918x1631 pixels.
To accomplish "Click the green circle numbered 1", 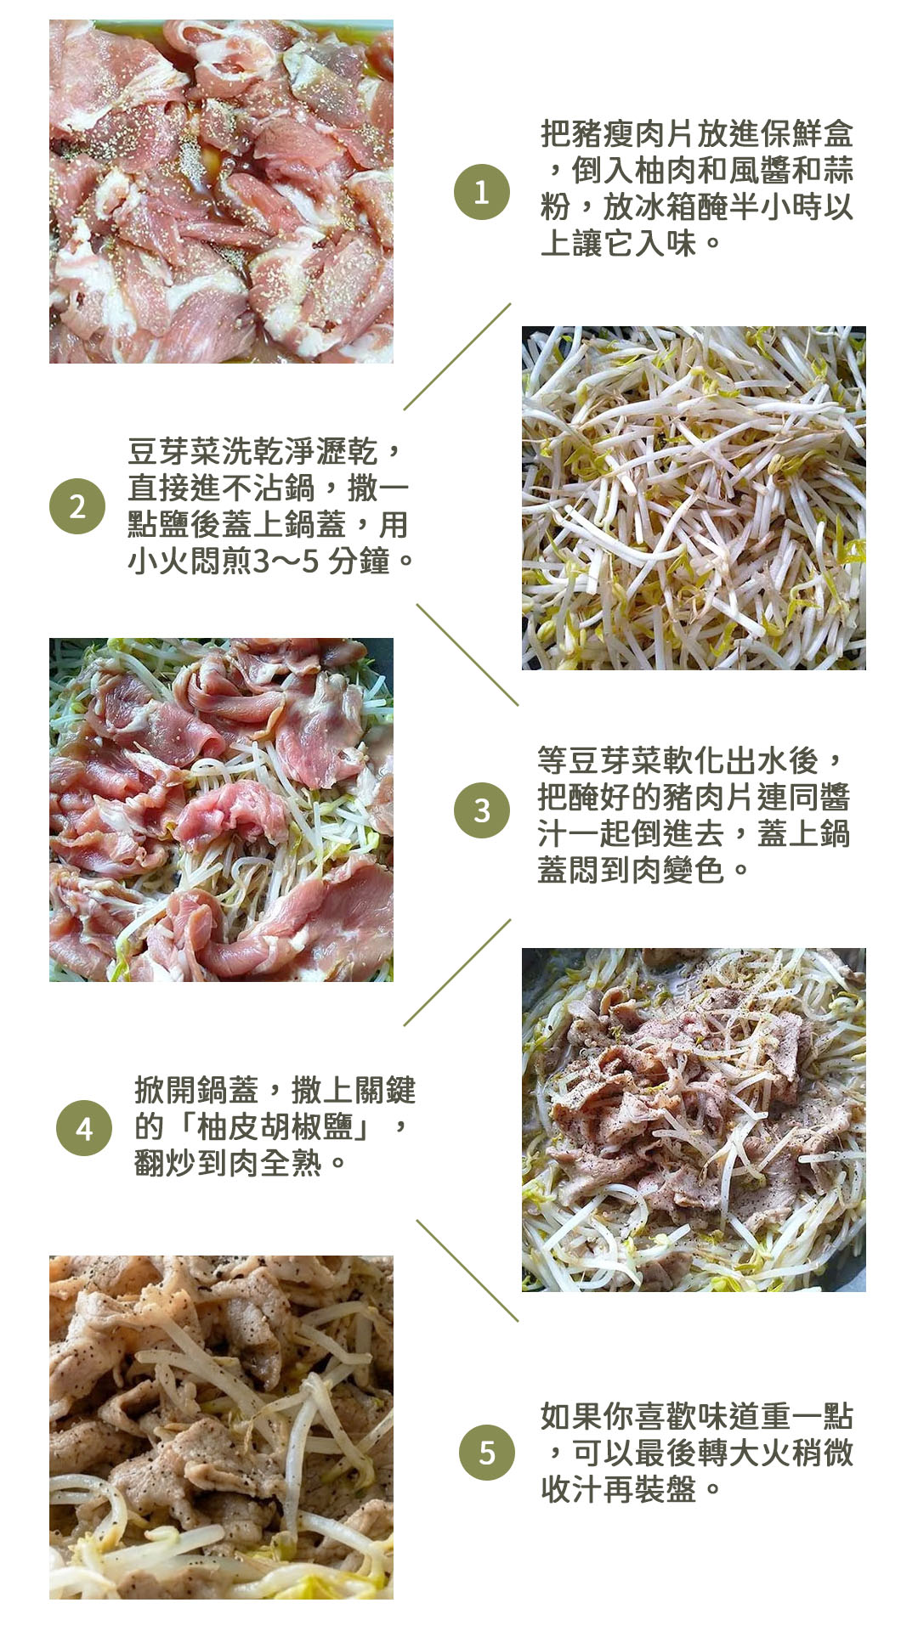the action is pyautogui.click(x=482, y=192).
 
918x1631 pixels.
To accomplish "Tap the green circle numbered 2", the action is pyautogui.click(x=77, y=506).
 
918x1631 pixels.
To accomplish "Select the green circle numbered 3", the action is pyautogui.click(x=482, y=810).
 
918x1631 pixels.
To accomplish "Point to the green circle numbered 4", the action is pyautogui.click(x=84, y=1128).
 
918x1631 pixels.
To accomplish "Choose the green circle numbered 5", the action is pyautogui.click(x=487, y=1453).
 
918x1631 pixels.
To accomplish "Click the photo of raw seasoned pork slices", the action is pyautogui.click(x=221, y=192).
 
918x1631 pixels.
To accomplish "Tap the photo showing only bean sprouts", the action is pyautogui.click(x=694, y=498).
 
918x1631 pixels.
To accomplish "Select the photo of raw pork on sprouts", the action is pyautogui.click(x=221, y=810).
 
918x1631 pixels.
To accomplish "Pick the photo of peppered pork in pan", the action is pyautogui.click(x=694, y=1120).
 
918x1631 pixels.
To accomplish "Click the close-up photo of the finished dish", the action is pyautogui.click(x=221, y=1427).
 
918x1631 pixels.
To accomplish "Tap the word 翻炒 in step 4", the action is pyautogui.click(x=166, y=1163).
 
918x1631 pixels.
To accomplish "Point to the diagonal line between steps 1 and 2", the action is pyautogui.click(x=457, y=357).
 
